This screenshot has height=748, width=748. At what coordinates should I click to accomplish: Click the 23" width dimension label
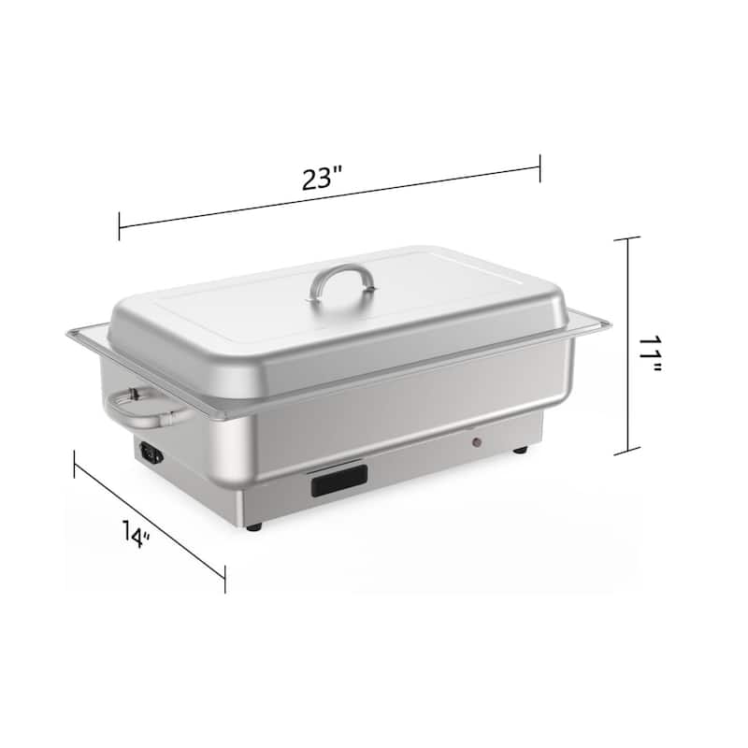click(x=324, y=178)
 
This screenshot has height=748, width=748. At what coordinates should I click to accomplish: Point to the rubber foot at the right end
click(x=519, y=451)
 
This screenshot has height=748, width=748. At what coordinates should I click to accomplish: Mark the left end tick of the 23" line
click(x=119, y=226)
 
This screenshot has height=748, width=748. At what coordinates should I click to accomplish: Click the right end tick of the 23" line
click(x=540, y=168)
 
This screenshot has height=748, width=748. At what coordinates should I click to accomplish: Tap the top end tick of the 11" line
click(x=626, y=238)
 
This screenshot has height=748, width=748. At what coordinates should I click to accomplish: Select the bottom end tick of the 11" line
click(x=626, y=453)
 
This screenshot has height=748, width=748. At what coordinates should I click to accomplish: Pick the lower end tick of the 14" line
click(x=224, y=578)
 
